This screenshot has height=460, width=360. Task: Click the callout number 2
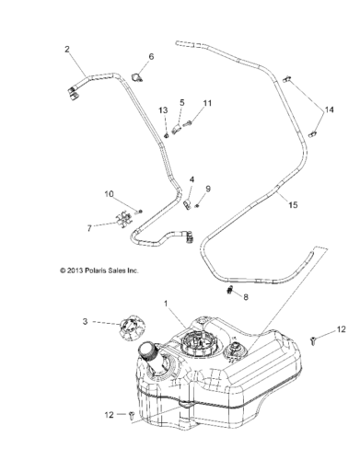67,49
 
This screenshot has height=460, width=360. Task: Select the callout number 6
151,56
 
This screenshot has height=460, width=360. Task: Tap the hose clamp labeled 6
136,77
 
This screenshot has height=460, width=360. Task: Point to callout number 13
163,110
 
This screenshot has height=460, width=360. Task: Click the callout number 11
208,103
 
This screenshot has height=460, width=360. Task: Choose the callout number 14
330,109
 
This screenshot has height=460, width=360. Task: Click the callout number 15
293,204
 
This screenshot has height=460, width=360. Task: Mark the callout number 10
109,194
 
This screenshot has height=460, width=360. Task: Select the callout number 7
89,228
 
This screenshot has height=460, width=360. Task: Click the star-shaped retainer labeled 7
124,219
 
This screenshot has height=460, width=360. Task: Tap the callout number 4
192,179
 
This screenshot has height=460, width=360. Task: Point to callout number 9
208,189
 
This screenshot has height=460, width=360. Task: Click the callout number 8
246,297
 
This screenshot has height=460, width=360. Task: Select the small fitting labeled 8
231,289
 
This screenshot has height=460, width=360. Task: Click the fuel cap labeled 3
131,328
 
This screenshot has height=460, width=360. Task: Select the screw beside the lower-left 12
133,415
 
